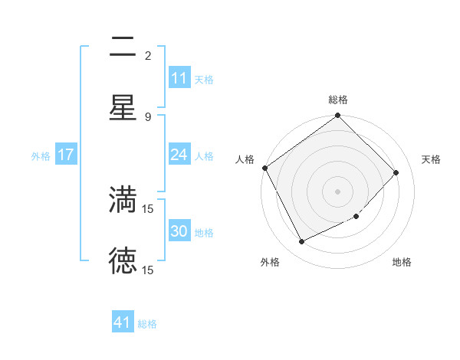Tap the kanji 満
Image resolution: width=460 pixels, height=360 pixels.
click(x=123, y=200)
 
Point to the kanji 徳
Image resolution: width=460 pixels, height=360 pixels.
click(x=123, y=261)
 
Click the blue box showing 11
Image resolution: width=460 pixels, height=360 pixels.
click(x=179, y=78)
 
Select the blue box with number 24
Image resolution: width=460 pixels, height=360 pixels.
click(x=179, y=155)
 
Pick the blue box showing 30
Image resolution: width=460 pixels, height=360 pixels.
click(x=179, y=231)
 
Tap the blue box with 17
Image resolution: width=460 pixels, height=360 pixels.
click(x=65, y=155)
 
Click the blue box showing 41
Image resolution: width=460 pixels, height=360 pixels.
click(x=123, y=322)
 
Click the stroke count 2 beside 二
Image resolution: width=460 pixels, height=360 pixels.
click(x=148, y=56)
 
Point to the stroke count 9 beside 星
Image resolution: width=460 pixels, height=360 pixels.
click(x=148, y=116)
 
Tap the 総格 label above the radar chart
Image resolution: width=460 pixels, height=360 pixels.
click(x=338, y=100)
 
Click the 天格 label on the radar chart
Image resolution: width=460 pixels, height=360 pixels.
click(x=431, y=159)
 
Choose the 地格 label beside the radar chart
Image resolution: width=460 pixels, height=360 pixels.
click(x=402, y=262)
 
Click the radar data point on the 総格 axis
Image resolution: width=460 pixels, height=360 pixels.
click(x=338, y=116)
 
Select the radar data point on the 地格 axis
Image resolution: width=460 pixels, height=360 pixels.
click(x=356, y=217)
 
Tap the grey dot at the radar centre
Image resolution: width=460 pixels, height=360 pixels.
click(x=338, y=191)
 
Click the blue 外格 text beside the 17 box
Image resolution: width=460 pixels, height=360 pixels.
click(x=41, y=155)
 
